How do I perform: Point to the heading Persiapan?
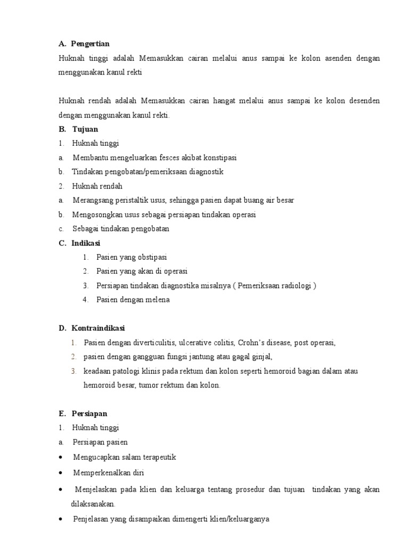(89, 414)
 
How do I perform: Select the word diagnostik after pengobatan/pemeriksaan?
(204, 172)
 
